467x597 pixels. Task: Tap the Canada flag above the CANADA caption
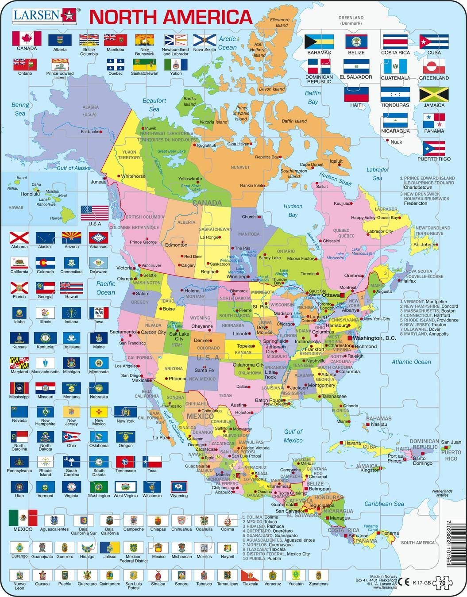pyautogui.click(x=27, y=38)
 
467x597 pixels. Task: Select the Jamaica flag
pyautogui.click(x=434, y=95)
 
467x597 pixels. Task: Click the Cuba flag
pyautogui.click(x=434, y=42)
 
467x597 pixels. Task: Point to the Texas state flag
pyautogui.click(x=152, y=462)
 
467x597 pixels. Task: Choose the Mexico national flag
pyautogui.click(x=23, y=518)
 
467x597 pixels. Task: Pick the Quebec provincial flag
pyautogui.click(x=115, y=65)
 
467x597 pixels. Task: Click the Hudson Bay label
pyautogui.click(x=293, y=210)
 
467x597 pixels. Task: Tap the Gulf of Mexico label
pyautogui.click(x=293, y=436)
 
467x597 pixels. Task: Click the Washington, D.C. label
pyautogui.click(x=374, y=338)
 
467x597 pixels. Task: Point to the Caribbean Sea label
pyautogui.click(x=384, y=504)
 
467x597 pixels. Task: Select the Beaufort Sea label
pyautogui.click(x=154, y=105)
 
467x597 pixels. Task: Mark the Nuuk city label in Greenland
pyautogui.click(x=396, y=142)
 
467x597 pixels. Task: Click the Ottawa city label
pyautogui.click(x=330, y=295)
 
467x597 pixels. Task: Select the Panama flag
pyautogui.click(x=434, y=120)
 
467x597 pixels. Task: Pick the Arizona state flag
pyautogui.click(x=71, y=238)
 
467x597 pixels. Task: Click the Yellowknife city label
pyautogui.click(x=190, y=179)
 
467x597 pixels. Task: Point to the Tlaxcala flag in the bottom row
pyautogui.click(x=249, y=575)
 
